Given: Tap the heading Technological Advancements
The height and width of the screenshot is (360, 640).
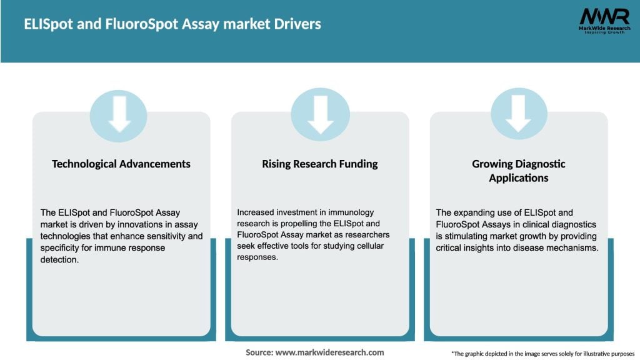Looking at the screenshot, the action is click(121, 164).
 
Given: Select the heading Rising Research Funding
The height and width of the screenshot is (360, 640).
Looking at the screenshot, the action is click(320, 164).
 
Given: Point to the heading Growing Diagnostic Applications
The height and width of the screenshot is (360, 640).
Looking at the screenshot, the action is click(519, 171).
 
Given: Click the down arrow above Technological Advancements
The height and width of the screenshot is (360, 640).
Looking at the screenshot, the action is click(119, 114).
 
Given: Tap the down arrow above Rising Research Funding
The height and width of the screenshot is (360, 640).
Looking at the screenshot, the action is click(320, 114).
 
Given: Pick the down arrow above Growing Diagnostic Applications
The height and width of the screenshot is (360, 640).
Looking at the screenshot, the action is click(519, 114).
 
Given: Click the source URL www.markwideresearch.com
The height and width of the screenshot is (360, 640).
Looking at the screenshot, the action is click(329, 352).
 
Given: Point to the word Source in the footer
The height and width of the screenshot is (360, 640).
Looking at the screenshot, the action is click(259, 352).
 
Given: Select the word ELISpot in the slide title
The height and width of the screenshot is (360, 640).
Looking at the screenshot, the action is click(44, 24).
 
